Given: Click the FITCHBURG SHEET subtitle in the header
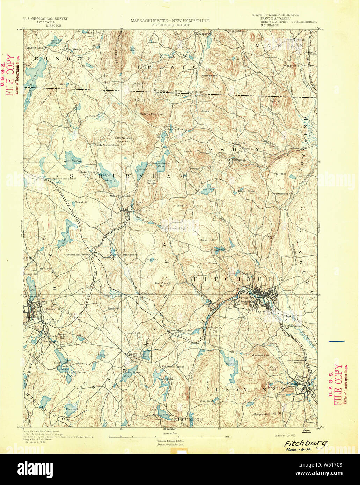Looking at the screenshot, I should click(x=170, y=25).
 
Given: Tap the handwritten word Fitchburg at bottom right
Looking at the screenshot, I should click(x=306, y=443).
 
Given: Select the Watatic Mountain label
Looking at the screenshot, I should click(x=152, y=114).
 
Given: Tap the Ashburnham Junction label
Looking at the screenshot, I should click(x=77, y=255).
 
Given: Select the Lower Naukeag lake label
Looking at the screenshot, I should click(x=73, y=161).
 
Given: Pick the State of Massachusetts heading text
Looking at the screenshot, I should click(x=275, y=15).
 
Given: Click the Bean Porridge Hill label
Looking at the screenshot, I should click(x=163, y=284).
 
